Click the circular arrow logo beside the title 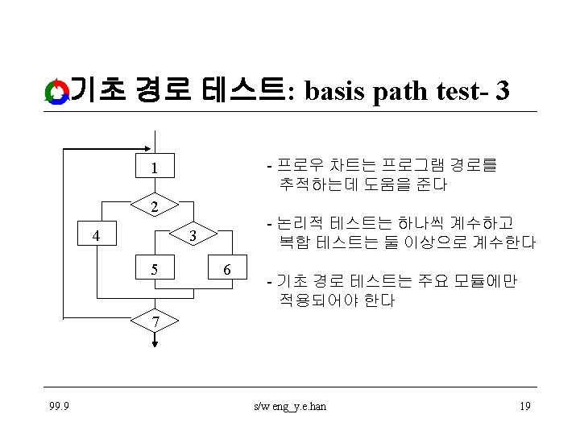pyautogui.click(x=56, y=92)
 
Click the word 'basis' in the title pyautogui.click(x=337, y=92)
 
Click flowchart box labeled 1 pyautogui.click(x=153, y=168)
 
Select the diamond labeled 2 pyautogui.click(x=153, y=207)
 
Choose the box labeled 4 pyautogui.click(x=97, y=236)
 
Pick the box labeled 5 pyautogui.click(x=153, y=268)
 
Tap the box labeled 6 pyautogui.click(x=229, y=268)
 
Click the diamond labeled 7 pyautogui.click(x=155, y=321)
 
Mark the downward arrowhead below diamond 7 pyautogui.click(x=155, y=342)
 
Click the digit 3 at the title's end pyautogui.click(x=502, y=92)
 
